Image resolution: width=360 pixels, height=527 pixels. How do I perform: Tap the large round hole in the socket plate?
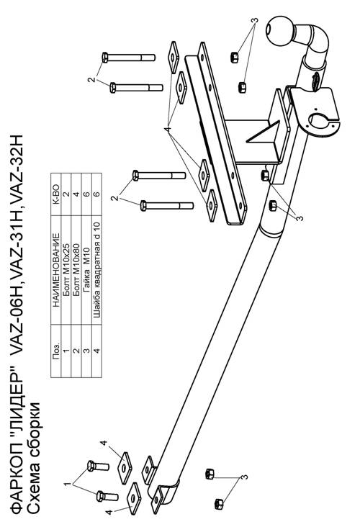[320, 122]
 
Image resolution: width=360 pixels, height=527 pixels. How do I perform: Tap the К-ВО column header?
[55, 194]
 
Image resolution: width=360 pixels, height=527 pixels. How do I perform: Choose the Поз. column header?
[55, 351]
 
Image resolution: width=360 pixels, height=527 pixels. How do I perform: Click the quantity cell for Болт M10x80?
[76, 194]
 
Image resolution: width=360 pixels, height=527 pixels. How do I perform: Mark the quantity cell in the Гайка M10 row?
[86, 194]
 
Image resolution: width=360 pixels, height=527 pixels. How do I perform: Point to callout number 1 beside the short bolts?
[68, 485]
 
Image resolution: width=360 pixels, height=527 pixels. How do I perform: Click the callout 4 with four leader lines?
[167, 129]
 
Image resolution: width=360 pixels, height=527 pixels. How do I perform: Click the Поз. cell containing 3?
[86, 351]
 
